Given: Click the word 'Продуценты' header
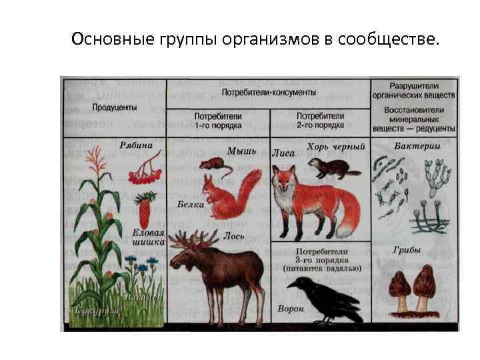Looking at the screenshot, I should click(115, 107).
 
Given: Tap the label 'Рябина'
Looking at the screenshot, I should click(137, 145).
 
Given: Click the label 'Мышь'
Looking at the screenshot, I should click(238, 151).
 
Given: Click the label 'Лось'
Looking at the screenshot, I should click(235, 236).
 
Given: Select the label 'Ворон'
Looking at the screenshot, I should click(291, 309).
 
